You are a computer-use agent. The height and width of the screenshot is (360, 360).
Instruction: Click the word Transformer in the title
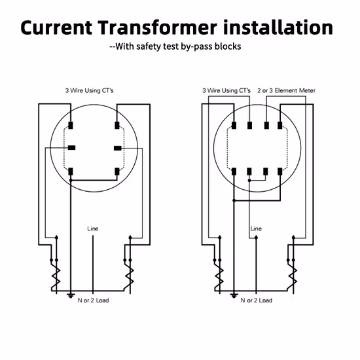point(158,27)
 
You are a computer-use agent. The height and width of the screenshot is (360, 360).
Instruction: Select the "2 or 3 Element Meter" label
point(286,90)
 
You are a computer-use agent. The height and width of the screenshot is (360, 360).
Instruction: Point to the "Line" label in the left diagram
point(93,228)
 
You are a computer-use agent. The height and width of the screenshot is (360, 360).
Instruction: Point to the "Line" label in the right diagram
point(256,228)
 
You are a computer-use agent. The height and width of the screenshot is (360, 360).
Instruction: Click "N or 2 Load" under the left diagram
point(93,300)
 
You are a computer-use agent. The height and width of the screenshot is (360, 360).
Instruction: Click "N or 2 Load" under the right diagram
point(256,300)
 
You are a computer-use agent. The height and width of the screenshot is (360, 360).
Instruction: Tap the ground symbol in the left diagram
point(71,295)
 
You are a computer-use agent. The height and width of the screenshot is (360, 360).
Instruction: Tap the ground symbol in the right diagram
point(234,295)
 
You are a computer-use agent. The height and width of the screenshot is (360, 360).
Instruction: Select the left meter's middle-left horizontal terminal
point(71,148)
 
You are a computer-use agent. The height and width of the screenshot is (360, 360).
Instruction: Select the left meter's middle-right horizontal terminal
point(118,149)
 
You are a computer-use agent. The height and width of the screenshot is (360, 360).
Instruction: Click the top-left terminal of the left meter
point(71,126)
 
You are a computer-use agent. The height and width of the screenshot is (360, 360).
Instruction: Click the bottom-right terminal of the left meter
point(117,171)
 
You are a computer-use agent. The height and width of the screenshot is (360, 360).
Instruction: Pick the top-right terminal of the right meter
point(280,126)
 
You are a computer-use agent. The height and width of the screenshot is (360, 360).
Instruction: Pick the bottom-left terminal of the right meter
point(234,171)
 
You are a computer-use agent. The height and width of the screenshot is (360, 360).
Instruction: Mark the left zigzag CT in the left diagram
point(56,276)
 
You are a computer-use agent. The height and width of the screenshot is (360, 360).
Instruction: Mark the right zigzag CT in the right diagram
point(293,276)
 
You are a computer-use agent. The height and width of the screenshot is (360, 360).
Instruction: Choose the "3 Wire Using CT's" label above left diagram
point(89,90)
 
